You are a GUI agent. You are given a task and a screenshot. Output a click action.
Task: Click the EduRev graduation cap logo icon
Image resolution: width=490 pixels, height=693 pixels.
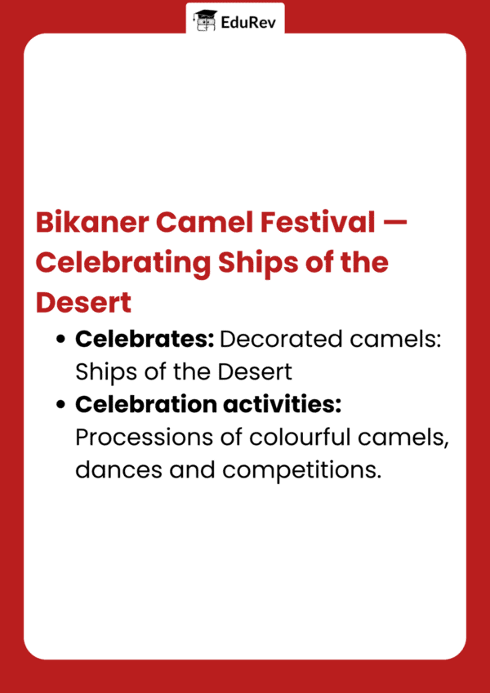tap(205, 20)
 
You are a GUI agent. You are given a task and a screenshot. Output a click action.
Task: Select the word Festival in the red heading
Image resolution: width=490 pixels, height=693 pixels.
tap(314, 223)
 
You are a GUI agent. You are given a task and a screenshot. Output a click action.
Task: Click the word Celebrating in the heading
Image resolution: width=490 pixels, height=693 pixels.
tap(123, 264)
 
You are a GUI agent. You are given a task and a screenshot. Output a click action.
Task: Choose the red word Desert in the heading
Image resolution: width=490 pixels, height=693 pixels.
tap(83, 302)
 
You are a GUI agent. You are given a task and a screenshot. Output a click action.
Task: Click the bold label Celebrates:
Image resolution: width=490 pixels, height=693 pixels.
tap(145, 339)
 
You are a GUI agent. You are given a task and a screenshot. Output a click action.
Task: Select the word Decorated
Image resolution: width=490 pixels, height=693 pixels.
tap(281, 339)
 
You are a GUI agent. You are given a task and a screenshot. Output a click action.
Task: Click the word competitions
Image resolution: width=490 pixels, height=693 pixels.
tap(301, 471)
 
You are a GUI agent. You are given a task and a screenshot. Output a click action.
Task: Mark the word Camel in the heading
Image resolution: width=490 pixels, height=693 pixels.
tap(203, 223)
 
